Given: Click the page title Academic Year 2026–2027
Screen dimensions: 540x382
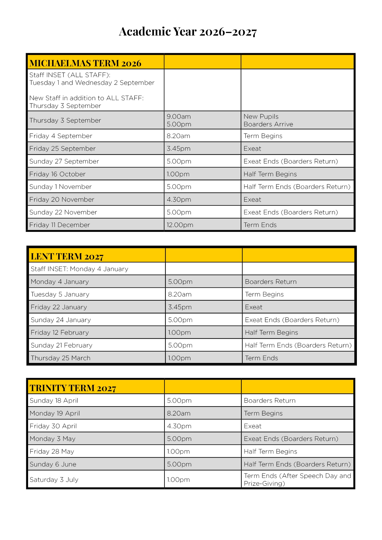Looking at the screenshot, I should [x=188, y=32].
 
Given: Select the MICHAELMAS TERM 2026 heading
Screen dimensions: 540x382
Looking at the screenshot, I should [x=85, y=63].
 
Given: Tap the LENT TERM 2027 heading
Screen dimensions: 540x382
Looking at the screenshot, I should [x=67, y=256].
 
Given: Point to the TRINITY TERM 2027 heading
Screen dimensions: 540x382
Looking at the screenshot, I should [x=73, y=388].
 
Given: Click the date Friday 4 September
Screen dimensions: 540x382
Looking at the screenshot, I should [x=61, y=136].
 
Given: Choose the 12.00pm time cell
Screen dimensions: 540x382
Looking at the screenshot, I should [x=180, y=225].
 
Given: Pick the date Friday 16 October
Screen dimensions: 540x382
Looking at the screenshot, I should [x=57, y=174].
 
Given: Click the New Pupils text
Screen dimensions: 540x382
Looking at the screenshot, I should [x=261, y=116].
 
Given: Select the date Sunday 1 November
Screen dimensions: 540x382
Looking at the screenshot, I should [x=61, y=187].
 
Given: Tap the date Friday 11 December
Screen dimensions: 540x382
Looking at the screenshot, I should [x=59, y=225].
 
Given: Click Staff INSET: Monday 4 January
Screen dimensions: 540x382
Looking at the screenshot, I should [x=79, y=269].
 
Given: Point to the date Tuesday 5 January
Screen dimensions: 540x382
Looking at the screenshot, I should [x=60, y=294].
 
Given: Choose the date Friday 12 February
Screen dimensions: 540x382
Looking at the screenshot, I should [x=60, y=332].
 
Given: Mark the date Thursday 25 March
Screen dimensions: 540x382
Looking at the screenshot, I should [x=61, y=358].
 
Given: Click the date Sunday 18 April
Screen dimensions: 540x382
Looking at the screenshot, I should [x=54, y=400].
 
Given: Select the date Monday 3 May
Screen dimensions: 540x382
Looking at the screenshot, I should [x=52, y=439].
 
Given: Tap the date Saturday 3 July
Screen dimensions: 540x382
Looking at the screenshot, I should [x=54, y=480].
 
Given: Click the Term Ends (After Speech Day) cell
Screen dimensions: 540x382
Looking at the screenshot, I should [x=297, y=480].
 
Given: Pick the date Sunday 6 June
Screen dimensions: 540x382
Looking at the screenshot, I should [x=53, y=464].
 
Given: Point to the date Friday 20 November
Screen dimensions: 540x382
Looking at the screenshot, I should [x=62, y=200].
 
